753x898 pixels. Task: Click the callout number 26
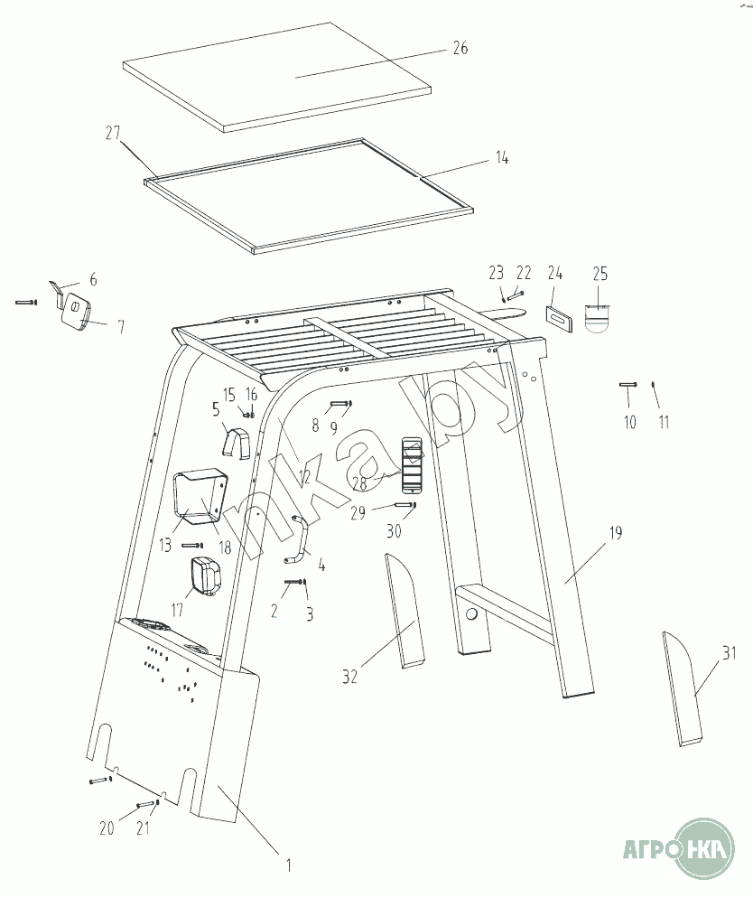click(460, 48)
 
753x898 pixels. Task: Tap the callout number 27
click(113, 133)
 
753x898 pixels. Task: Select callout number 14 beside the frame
click(502, 157)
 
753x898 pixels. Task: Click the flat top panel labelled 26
click(277, 77)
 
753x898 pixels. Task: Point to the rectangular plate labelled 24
click(559, 317)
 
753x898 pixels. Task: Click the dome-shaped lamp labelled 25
click(598, 318)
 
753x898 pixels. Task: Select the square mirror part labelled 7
click(77, 311)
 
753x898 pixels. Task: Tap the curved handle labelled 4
click(297, 539)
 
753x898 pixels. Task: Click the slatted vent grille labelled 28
click(412, 464)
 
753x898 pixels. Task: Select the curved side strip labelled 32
click(404, 611)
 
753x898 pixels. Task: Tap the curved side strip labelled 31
click(682, 689)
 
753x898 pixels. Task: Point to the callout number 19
click(615, 533)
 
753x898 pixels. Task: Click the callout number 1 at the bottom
click(289, 865)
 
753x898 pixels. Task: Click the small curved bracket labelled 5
click(236, 442)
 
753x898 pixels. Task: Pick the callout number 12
click(304, 476)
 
